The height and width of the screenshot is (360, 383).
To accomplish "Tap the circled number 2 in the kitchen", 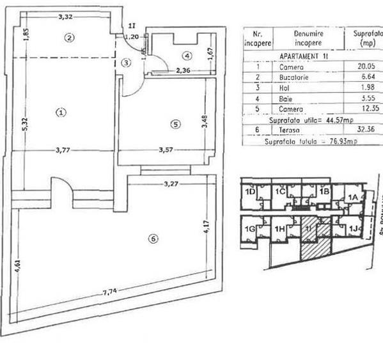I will [x=71, y=37].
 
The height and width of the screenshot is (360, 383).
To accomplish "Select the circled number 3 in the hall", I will [x=127, y=62].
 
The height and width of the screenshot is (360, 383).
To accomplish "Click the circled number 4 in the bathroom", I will [x=187, y=54].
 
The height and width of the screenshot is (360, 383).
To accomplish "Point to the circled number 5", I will [x=176, y=123].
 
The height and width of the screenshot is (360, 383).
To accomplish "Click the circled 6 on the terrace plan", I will [x=152, y=239].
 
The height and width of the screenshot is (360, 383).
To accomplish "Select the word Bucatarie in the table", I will [x=294, y=77].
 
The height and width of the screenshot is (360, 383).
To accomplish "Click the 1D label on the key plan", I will [x=249, y=192].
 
